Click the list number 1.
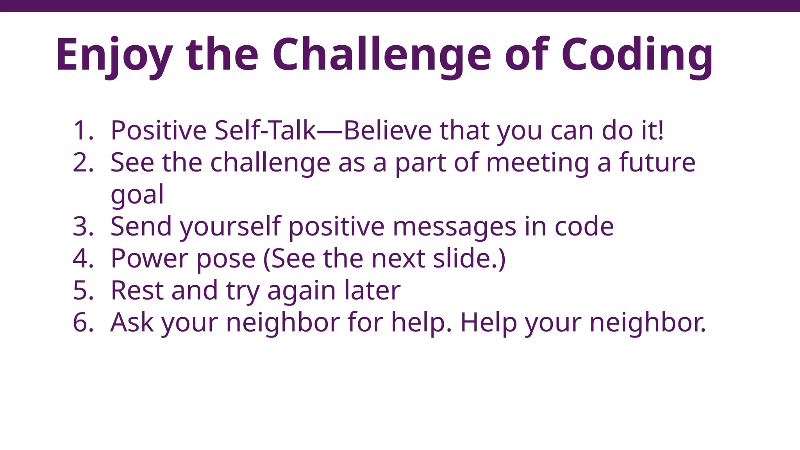pyautogui.click(x=82, y=130)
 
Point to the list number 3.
pyautogui.click(x=82, y=227)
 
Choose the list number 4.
pyautogui.click(x=82, y=259)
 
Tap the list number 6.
pyautogui.click(x=82, y=323)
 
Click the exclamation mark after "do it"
pyautogui.click(x=661, y=130)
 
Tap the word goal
pyautogui.click(x=137, y=195)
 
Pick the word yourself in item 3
pyautogui.click(x=230, y=227)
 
